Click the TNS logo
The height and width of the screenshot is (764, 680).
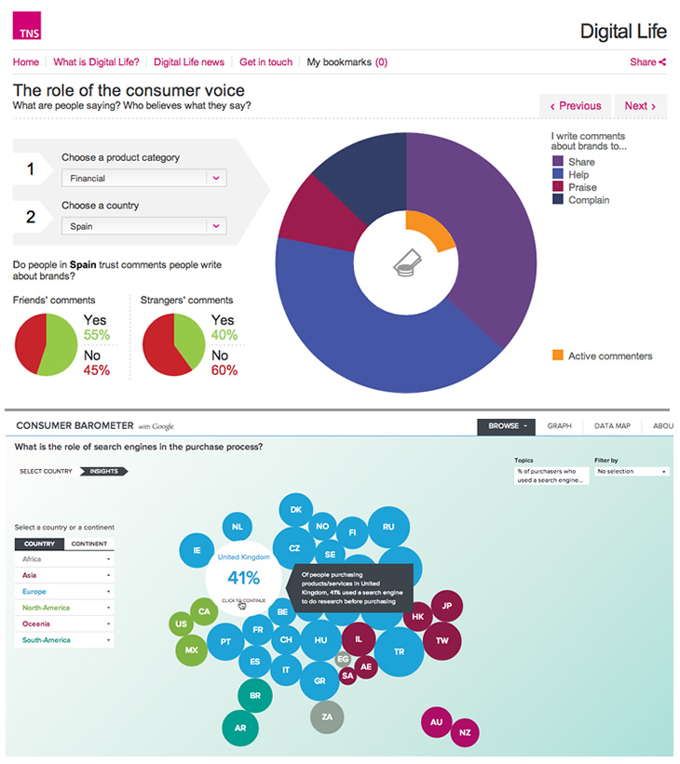coord(27,28)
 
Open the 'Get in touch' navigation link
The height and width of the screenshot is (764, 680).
coord(265,62)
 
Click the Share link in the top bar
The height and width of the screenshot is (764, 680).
coord(647,62)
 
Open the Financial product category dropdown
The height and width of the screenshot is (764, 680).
coord(143,178)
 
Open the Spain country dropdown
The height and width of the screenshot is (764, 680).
coord(143,225)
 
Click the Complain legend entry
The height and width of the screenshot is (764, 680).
coord(588,200)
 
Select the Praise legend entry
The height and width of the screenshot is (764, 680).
coord(582,187)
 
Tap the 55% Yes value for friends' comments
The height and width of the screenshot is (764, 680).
coord(97,335)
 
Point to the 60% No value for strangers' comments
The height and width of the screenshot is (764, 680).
coord(224,370)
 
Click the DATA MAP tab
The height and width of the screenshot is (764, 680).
coord(612,426)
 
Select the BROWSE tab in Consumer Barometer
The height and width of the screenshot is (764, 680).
coord(507,426)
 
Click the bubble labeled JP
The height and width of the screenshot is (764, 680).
coord(445,606)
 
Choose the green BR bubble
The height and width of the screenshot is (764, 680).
coord(254,695)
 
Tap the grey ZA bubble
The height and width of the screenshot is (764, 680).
coord(327,717)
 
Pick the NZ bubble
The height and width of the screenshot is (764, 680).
coord(465,732)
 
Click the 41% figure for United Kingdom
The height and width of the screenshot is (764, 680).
coord(242,577)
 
